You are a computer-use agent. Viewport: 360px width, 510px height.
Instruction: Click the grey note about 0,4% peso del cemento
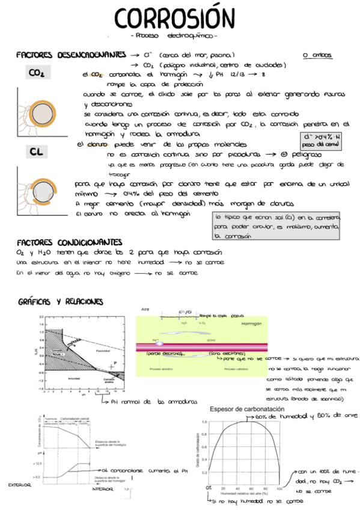tap(322, 140)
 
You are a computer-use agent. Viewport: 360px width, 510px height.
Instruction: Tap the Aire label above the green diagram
tap(144, 309)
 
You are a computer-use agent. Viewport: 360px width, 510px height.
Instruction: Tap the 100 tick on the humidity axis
tap(279, 488)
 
